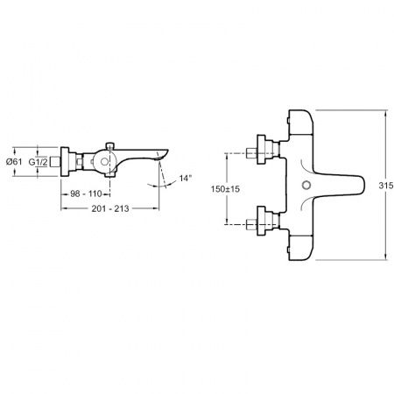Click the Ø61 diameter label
click(14, 161)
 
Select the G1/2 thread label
click(38, 162)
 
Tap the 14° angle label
click(186, 178)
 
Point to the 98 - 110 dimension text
click(86, 193)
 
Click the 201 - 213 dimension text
click(110, 208)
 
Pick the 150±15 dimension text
click(225, 189)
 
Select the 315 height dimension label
click(386, 186)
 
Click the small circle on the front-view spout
click(306, 185)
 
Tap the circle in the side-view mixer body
click(104, 162)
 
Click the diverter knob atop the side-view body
click(109, 145)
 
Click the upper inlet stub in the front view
click(251, 152)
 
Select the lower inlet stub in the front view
click(251, 224)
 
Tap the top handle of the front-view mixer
click(300, 123)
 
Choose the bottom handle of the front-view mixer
click(300, 248)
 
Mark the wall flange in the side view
click(65, 162)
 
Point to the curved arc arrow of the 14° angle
click(163, 186)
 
